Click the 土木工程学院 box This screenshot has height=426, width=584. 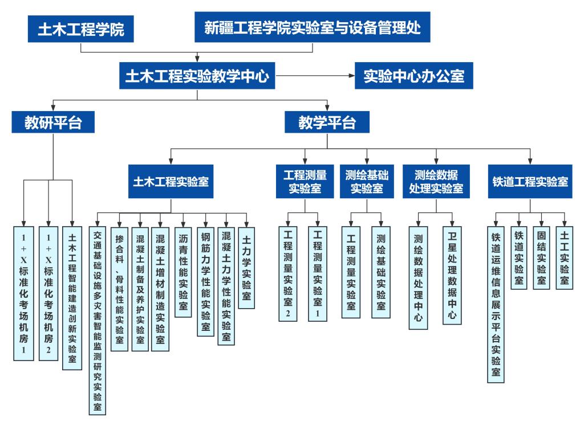[x=81, y=28]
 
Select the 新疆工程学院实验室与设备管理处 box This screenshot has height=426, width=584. [x=313, y=27]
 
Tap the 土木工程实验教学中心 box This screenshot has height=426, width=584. [x=197, y=76]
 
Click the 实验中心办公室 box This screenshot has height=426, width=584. [x=414, y=76]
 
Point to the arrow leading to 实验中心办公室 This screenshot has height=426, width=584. [x=315, y=76]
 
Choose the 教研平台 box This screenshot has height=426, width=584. [x=53, y=122]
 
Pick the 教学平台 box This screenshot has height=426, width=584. [x=327, y=122]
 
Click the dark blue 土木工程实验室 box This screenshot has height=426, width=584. [x=171, y=182]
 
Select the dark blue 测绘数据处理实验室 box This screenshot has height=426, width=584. [x=436, y=182]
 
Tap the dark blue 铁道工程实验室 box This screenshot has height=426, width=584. [x=530, y=182]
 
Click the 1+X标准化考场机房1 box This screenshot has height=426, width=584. [x=24, y=293]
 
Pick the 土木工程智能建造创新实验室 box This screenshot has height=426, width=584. [x=72, y=298]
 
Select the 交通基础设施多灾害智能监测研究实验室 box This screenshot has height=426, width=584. [x=98, y=321]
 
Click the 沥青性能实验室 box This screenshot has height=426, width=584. [x=183, y=272]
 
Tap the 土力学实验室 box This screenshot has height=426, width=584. [x=246, y=268]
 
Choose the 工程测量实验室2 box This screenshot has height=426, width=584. [x=288, y=274]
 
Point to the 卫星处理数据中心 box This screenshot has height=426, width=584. [x=452, y=275]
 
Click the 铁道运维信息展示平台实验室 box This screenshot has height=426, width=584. [x=496, y=305]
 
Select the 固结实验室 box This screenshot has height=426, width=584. [x=542, y=258]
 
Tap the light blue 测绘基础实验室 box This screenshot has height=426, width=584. [x=381, y=272]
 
